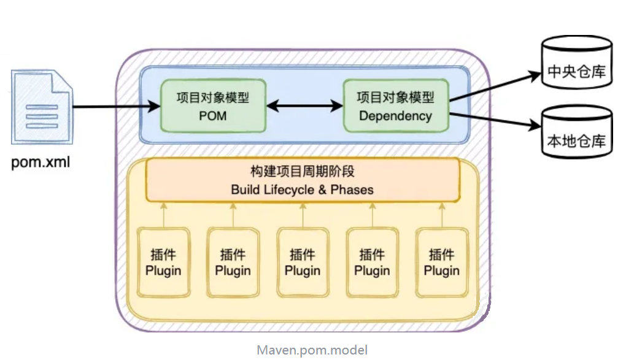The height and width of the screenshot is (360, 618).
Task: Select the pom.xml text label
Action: pyautogui.click(x=41, y=163)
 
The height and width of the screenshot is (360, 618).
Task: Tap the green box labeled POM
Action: pyautogui.click(x=213, y=105)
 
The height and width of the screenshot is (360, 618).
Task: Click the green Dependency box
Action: pyautogui.click(x=395, y=105)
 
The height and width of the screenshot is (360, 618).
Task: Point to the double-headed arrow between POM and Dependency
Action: pyautogui.click(x=304, y=106)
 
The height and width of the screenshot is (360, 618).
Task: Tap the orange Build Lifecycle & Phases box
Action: pyautogui.click(x=302, y=180)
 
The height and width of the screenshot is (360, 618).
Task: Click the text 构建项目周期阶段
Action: pyautogui.click(x=302, y=172)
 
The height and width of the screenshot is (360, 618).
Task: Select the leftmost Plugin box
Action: pyautogui.click(x=163, y=262)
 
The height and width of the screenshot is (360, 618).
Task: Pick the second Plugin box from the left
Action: pyautogui.click(x=233, y=262)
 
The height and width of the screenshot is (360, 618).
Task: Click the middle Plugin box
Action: pyautogui.click(x=303, y=262)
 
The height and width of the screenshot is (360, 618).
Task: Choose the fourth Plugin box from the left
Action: pyautogui.click(x=372, y=262)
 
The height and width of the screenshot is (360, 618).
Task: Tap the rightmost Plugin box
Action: pyautogui.click(x=442, y=262)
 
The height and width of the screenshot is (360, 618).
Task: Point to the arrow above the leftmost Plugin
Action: pyautogui.click(x=164, y=214)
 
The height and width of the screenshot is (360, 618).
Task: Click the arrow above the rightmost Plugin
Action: pyautogui.click(x=442, y=214)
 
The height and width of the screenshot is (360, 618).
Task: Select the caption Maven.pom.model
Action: pyautogui.click(x=312, y=350)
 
